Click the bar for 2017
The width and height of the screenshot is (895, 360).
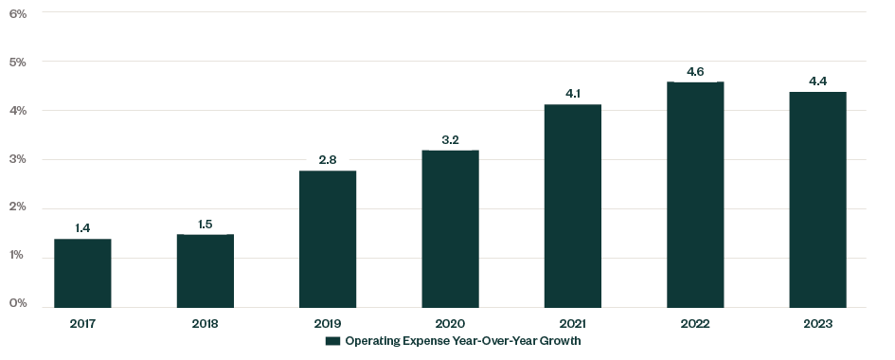82,273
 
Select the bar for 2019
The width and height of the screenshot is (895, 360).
328,239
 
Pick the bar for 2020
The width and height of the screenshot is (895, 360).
450,228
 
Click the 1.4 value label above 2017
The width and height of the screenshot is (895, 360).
82,228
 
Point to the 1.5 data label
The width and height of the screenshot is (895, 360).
205,224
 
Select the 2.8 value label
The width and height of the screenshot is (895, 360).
328,160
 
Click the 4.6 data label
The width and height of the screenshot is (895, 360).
695,71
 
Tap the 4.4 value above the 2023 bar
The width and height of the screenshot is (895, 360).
817,81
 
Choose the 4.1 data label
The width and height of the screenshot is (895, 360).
572,94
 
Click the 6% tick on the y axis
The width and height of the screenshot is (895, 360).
18,13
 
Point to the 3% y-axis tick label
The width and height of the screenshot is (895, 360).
18,159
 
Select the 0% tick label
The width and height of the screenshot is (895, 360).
18,304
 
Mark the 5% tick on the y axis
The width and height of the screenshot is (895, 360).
18,62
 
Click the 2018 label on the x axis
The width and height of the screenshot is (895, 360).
205,323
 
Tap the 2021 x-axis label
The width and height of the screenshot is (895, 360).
572,323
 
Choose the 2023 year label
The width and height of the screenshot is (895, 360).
817,323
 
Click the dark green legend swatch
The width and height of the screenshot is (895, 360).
332,341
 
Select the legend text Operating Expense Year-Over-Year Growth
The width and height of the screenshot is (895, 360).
462,341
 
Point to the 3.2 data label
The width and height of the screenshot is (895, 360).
450,140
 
